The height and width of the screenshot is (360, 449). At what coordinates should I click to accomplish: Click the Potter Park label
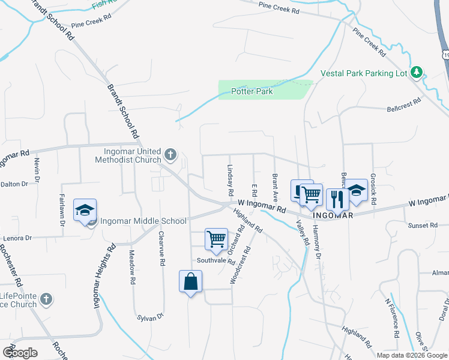click(x=252, y=92)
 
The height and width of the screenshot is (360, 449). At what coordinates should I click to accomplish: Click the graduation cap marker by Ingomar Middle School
click(x=85, y=211)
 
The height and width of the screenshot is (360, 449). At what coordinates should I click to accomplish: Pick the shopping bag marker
click(x=190, y=281)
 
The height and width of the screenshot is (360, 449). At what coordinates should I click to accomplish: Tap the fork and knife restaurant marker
click(x=337, y=198)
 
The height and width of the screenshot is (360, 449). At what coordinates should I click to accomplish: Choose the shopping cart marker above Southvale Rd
click(x=216, y=239)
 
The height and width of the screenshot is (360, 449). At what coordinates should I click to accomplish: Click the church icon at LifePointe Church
click(x=47, y=299)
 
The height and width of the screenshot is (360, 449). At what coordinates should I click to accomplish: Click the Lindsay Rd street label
click(x=230, y=181)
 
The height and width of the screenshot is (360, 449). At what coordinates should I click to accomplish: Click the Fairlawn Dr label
click(x=62, y=209)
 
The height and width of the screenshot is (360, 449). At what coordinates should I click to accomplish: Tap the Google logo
click(x=20, y=352)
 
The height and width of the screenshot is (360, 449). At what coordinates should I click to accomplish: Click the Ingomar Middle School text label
click(x=143, y=221)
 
